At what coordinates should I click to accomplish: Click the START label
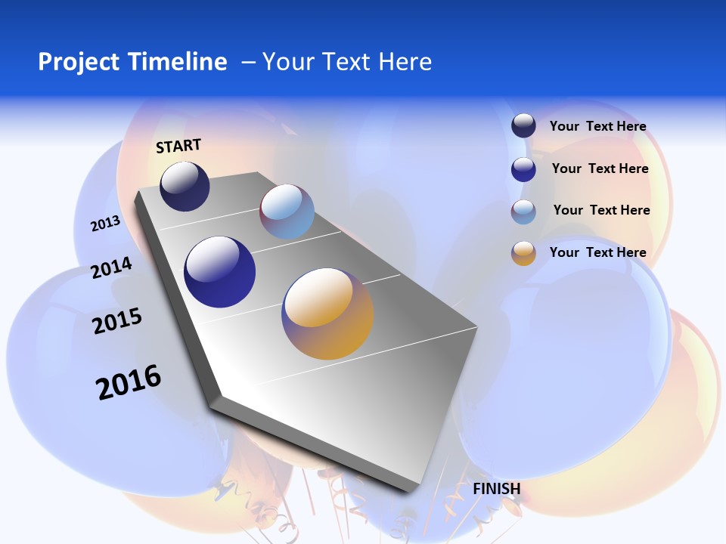point(178,146)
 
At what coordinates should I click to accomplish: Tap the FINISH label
point(497,489)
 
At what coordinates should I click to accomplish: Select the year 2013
point(105,224)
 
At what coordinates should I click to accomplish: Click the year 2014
point(111,267)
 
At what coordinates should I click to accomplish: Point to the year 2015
point(117,321)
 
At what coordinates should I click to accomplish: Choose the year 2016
point(129,382)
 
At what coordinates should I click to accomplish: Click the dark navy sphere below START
point(185,186)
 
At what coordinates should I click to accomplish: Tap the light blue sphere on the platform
point(287,211)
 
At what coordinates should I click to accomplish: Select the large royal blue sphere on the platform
point(220,271)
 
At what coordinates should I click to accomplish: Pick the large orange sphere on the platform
point(327,314)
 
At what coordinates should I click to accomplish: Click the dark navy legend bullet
point(523,126)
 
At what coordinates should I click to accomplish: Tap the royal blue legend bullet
point(523,169)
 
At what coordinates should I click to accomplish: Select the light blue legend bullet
point(523,212)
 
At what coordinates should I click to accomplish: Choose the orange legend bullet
point(523,253)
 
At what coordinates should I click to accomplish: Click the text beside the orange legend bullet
point(597,252)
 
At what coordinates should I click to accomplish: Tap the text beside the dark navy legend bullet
point(597,126)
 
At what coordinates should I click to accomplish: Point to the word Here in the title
point(405,61)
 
